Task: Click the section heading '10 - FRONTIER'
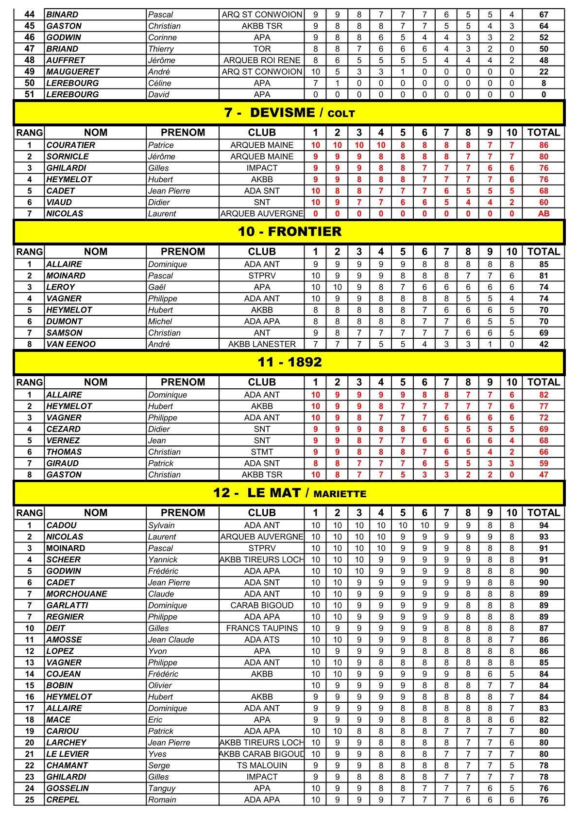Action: (289, 232)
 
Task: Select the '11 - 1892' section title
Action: (289, 362)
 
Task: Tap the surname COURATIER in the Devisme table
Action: (71, 145)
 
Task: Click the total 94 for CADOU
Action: (544, 525)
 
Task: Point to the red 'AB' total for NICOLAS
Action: (544, 214)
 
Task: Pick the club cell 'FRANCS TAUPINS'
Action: (262, 628)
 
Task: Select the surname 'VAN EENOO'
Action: (71, 344)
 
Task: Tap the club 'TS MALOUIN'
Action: (262, 766)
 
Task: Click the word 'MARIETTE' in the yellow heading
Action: (340, 494)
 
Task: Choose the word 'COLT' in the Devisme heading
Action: (341, 114)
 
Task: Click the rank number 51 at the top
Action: (30, 94)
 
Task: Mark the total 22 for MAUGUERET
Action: (544, 71)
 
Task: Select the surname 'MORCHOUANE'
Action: (77, 594)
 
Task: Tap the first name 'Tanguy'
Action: (162, 788)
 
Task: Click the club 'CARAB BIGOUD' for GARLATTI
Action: (262, 606)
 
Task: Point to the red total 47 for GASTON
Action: (544, 475)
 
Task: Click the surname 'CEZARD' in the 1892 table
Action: (64, 429)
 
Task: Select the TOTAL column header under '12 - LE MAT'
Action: (544, 513)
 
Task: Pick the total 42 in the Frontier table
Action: (544, 344)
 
